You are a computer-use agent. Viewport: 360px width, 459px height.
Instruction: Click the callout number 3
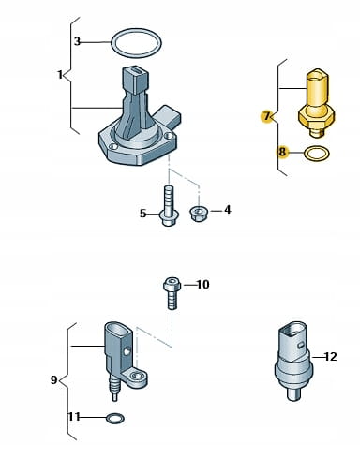pos(77,41)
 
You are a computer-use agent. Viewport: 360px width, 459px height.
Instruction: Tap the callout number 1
pos(60,75)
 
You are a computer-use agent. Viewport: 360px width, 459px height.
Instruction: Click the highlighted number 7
pos(266,116)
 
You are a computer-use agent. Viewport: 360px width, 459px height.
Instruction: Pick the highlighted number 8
pos(282,153)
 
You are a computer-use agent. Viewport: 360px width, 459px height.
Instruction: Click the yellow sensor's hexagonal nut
pos(317,117)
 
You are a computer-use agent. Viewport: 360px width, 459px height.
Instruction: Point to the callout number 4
pos(228,210)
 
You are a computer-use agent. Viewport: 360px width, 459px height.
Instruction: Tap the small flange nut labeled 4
pos(197,215)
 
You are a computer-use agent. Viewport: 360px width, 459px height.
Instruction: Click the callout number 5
pos(142,214)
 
